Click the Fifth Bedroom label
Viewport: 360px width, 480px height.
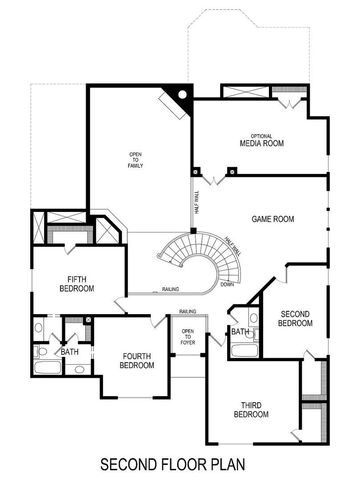pyautogui.click(x=75, y=284)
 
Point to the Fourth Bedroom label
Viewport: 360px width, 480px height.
pyautogui.click(x=137, y=361)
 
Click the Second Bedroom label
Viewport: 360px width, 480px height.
pyautogui.click(x=295, y=318)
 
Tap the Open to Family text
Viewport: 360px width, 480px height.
pyautogui.click(x=135, y=160)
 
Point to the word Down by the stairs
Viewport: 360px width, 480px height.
pyautogui.click(x=228, y=284)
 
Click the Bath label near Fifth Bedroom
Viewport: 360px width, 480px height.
pyautogui.click(x=69, y=352)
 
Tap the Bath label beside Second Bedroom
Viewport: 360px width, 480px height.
pyautogui.click(x=240, y=332)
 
